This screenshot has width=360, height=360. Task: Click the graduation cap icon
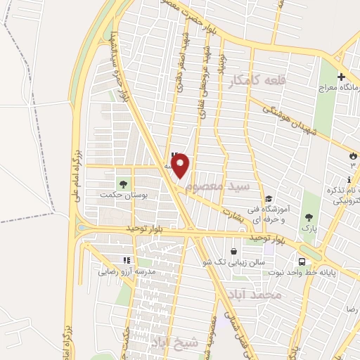tap(269, 179)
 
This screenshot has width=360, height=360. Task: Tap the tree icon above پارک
tap(307, 217)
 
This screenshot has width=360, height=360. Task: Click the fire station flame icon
tap(352, 155)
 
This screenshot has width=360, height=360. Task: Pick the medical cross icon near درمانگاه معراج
tap(341, 77)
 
